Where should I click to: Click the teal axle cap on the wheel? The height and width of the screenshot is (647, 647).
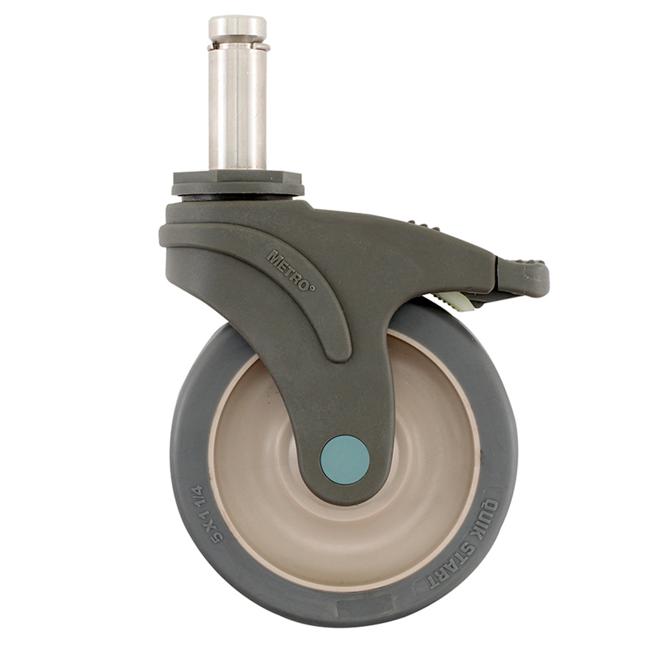pyautogui.click(x=345, y=459)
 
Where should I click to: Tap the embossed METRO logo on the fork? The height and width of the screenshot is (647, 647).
pyautogui.click(x=291, y=270)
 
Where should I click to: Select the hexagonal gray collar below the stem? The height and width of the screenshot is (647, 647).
pyautogui.click(x=237, y=177)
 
